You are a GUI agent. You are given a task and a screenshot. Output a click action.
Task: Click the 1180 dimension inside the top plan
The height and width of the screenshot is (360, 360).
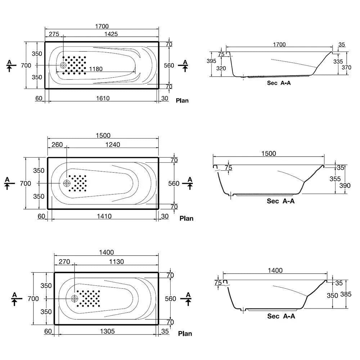[x=96, y=69]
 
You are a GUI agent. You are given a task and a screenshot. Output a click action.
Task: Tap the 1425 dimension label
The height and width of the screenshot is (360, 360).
[x=111, y=34]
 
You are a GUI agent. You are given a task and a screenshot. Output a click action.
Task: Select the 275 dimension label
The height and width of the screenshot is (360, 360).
[x=54, y=34]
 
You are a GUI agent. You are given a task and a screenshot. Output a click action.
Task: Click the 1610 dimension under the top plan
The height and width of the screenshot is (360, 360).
[x=103, y=98]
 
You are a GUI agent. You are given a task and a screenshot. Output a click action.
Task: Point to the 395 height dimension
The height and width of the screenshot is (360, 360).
[x=211, y=61]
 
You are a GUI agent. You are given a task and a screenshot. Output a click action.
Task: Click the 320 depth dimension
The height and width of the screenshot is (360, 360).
[x=221, y=68]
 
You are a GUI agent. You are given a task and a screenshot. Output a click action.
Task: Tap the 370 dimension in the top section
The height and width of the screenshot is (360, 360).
[x=346, y=68]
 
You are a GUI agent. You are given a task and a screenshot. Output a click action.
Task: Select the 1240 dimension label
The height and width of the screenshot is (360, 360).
[x=112, y=145]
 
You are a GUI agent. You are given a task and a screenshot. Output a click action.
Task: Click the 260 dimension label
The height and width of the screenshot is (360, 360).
[x=57, y=145]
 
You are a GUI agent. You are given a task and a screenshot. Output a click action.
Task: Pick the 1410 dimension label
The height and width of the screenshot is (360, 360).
[x=104, y=216]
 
